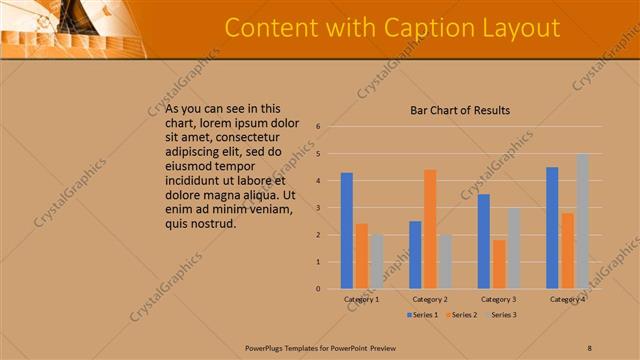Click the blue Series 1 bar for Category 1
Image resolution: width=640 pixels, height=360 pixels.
346,231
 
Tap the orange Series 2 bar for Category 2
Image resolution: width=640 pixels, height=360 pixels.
430,229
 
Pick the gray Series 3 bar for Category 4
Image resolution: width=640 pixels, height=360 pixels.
582,221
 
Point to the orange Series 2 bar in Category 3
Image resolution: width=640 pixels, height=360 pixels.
499,264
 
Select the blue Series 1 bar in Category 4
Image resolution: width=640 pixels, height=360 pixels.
552,228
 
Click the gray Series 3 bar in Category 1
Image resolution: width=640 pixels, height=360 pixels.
376,262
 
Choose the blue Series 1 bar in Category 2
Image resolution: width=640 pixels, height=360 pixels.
415,255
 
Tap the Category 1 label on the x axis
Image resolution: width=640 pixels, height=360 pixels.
361,299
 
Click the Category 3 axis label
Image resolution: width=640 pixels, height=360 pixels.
498,299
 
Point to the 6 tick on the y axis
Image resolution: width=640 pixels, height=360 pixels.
317,127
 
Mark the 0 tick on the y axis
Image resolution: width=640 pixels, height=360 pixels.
317,289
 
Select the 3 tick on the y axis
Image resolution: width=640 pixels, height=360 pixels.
317,208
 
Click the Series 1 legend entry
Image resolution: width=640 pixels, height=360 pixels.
423,315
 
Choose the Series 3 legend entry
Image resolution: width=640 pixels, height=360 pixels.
502,315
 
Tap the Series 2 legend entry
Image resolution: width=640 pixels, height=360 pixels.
462,315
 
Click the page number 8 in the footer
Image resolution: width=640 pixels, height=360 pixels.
589,347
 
